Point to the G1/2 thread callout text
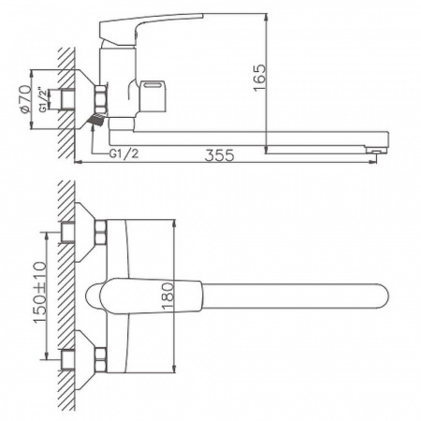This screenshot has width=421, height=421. [x=123, y=152]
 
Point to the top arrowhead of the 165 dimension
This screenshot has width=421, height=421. [x=268, y=15]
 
